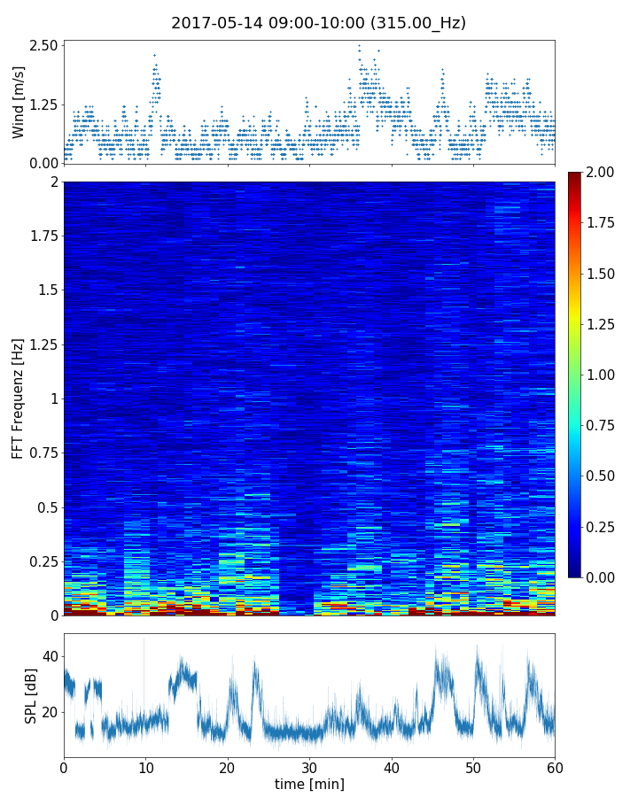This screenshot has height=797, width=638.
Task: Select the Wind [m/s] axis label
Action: coord(19,101)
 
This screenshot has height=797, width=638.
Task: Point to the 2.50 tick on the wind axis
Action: coord(43,45)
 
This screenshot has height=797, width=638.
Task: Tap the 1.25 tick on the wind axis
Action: coord(43,104)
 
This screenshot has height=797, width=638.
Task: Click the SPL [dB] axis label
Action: coord(31,694)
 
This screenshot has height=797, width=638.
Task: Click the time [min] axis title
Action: coord(309,784)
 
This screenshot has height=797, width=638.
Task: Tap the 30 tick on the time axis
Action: coord(309,766)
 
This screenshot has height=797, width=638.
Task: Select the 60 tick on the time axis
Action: coord(555,766)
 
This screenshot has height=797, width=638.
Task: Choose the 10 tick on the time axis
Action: coord(145,766)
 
